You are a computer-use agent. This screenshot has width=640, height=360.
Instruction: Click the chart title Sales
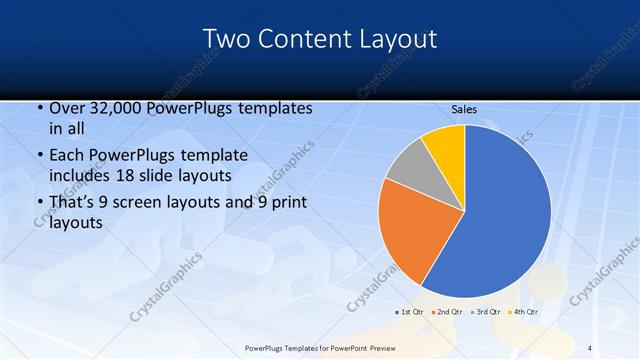click(x=464, y=109)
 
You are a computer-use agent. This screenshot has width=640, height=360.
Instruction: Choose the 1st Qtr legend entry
click(x=410, y=313)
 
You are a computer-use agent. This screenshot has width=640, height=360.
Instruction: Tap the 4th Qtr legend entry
click(x=525, y=313)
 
